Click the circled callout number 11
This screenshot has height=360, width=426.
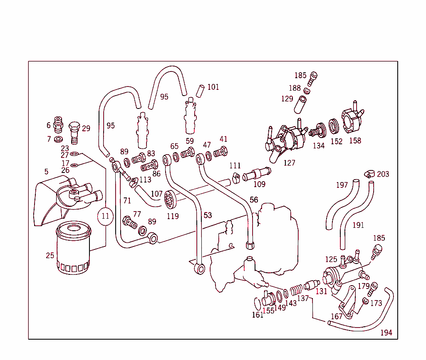point(105,216)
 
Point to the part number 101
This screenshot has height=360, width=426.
point(213,87)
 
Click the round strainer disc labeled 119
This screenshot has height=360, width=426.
point(169,199)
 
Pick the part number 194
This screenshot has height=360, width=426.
point(386,333)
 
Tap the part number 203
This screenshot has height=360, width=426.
point(383,174)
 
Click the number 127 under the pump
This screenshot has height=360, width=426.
point(289,163)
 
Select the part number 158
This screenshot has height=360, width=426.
point(355,141)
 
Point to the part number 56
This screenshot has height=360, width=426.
point(254,200)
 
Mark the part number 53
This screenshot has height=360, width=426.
point(208,215)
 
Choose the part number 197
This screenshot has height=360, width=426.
point(342,185)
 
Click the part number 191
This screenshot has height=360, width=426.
point(358,225)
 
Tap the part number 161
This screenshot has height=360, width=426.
point(258,315)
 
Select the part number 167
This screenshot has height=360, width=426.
point(337,316)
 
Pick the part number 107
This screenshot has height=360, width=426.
point(156,194)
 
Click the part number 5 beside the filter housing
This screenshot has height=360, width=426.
point(46,171)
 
